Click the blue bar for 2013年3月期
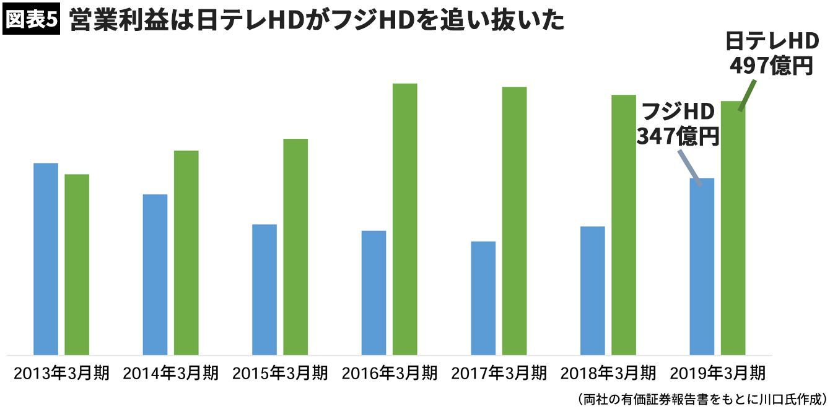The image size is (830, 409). pos(46,259)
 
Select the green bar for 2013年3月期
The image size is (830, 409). pos(77,265)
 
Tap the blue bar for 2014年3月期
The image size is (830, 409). pos(155,275)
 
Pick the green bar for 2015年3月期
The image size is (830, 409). pos(295,247)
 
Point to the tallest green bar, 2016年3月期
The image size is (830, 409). pos(405,219)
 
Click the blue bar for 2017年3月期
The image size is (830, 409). pos(483,298)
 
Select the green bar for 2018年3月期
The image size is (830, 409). pos(624,225)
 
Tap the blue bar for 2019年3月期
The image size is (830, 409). pos(702,266)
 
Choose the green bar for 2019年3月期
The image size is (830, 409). pos(733,228)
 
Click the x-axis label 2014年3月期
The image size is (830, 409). pos(171,373)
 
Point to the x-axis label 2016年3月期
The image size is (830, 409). pos(390,373)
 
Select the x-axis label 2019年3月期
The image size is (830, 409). pos(718,373)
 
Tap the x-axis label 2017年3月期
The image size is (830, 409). pos(499,373)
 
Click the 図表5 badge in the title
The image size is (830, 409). pos(31,20)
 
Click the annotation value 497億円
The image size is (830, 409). pos(771,64)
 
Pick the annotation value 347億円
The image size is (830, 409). pos(678,136)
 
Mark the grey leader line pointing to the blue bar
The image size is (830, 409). pos(690,166)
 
